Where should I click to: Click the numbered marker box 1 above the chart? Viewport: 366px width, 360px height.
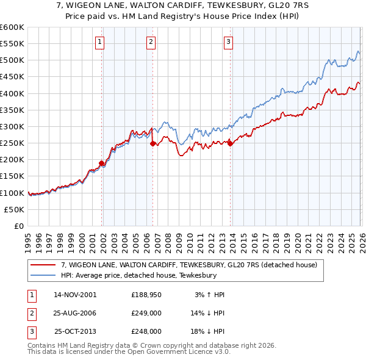[x=100, y=42]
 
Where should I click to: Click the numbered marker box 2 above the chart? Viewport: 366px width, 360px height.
[x=151, y=42]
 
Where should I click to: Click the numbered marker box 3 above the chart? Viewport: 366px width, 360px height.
[x=228, y=42]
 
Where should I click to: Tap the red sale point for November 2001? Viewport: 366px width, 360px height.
[x=102, y=163]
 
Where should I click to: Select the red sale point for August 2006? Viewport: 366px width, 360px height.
[x=153, y=143]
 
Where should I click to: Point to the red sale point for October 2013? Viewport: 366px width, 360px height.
[x=230, y=143]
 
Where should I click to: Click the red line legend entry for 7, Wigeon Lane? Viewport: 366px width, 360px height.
[x=188, y=265]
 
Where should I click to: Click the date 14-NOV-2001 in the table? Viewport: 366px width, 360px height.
[x=75, y=295]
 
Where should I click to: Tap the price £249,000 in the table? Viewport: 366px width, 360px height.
[x=146, y=313]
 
